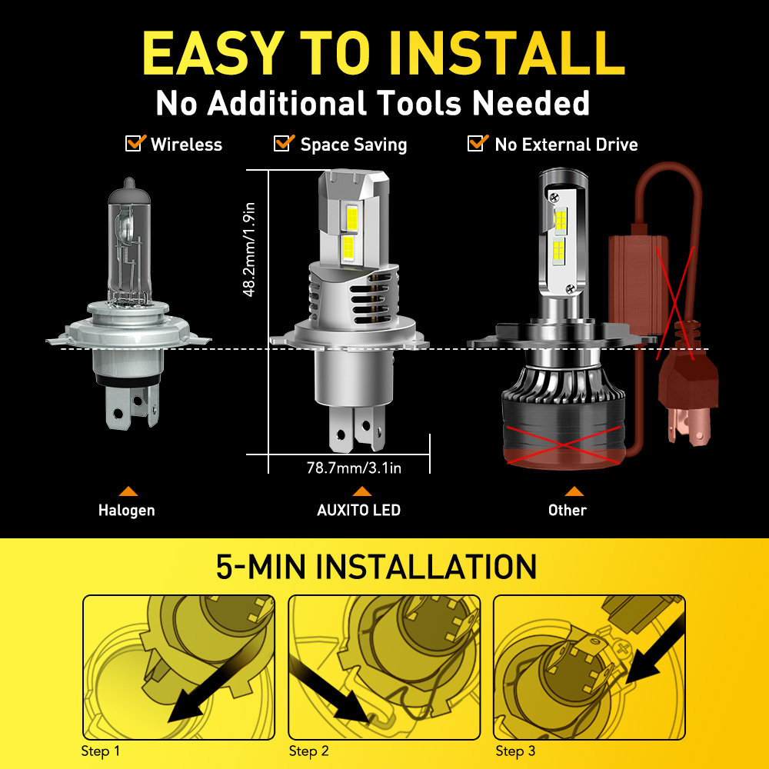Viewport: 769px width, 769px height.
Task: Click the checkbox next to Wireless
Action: pyautogui.click(x=135, y=143)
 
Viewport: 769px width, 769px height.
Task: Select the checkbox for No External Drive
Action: pyautogui.click(x=478, y=143)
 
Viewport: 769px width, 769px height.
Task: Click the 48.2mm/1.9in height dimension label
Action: pyautogui.click(x=249, y=250)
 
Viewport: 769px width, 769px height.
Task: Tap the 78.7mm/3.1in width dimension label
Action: pyautogui.click(x=354, y=468)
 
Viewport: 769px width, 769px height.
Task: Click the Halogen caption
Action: pyautogui.click(x=127, y=510)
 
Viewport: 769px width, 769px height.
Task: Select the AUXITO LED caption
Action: pyautogui.click(x=359, y=510)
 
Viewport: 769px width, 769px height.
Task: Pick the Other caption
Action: pyautogui.click(x=568, y=510)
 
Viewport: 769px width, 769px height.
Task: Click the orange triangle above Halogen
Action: pyautogui.click(x=128, y=491)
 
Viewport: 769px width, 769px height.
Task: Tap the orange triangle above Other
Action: pyautogui.click(x=574, y=491)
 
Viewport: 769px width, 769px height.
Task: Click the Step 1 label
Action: pyautogui.click(x=101, y=751)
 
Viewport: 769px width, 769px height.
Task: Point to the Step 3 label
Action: pyautogui.click(x=515, y=751)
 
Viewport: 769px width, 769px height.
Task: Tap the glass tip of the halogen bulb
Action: pyautogui.click(x=129, y=184)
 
